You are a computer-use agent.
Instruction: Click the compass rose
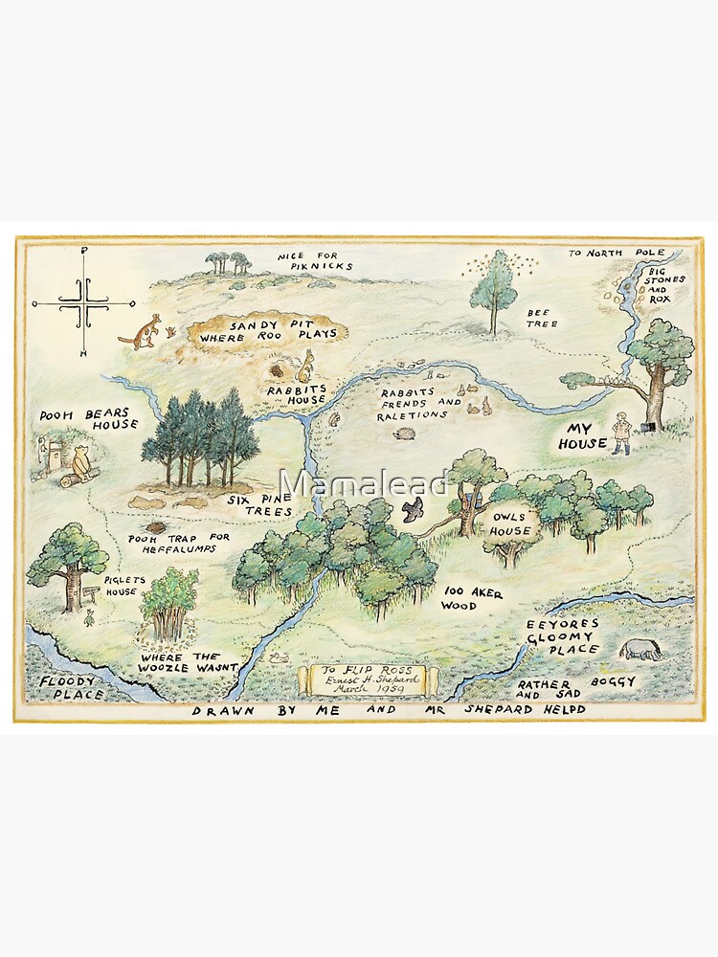(84, 302)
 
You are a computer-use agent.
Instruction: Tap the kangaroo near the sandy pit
(142, 330)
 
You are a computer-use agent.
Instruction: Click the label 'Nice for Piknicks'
(315, 260)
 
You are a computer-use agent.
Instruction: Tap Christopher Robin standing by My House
(623, 432)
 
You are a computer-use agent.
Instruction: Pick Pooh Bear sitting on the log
(83, 463)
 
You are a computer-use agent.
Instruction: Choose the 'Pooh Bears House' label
(89, 419)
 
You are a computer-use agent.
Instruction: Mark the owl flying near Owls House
(414, 509)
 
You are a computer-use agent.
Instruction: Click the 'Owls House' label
(511, 523)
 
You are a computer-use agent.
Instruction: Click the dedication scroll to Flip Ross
(368, 678)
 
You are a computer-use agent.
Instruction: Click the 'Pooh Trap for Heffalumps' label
(192, 543)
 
